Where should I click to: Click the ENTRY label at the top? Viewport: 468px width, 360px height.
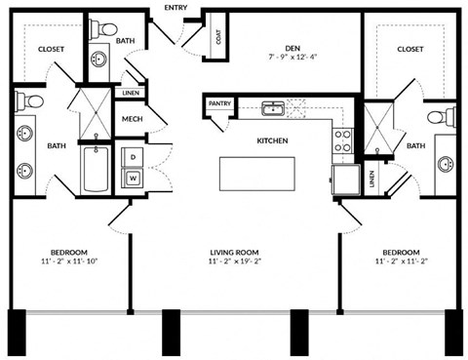pos(176,8)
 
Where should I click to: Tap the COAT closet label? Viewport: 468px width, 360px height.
pos(217,39)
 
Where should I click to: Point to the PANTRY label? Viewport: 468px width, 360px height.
pos(218,102)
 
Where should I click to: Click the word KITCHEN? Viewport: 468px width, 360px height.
pos(272,141)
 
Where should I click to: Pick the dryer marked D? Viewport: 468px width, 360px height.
pos(132,156)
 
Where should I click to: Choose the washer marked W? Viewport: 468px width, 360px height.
pos(132,178)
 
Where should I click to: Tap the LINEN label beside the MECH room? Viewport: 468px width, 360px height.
pos(131,94)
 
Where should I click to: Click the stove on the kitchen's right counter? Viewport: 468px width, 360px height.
pos(341,142)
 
